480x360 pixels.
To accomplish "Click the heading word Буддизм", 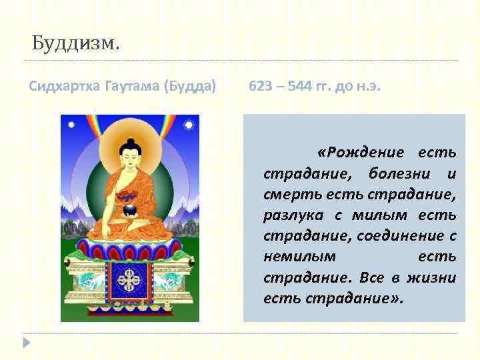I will pos(76,46).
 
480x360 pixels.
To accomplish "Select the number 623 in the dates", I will pos(259,86).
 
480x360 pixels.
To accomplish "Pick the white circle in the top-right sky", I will pos(189,125).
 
